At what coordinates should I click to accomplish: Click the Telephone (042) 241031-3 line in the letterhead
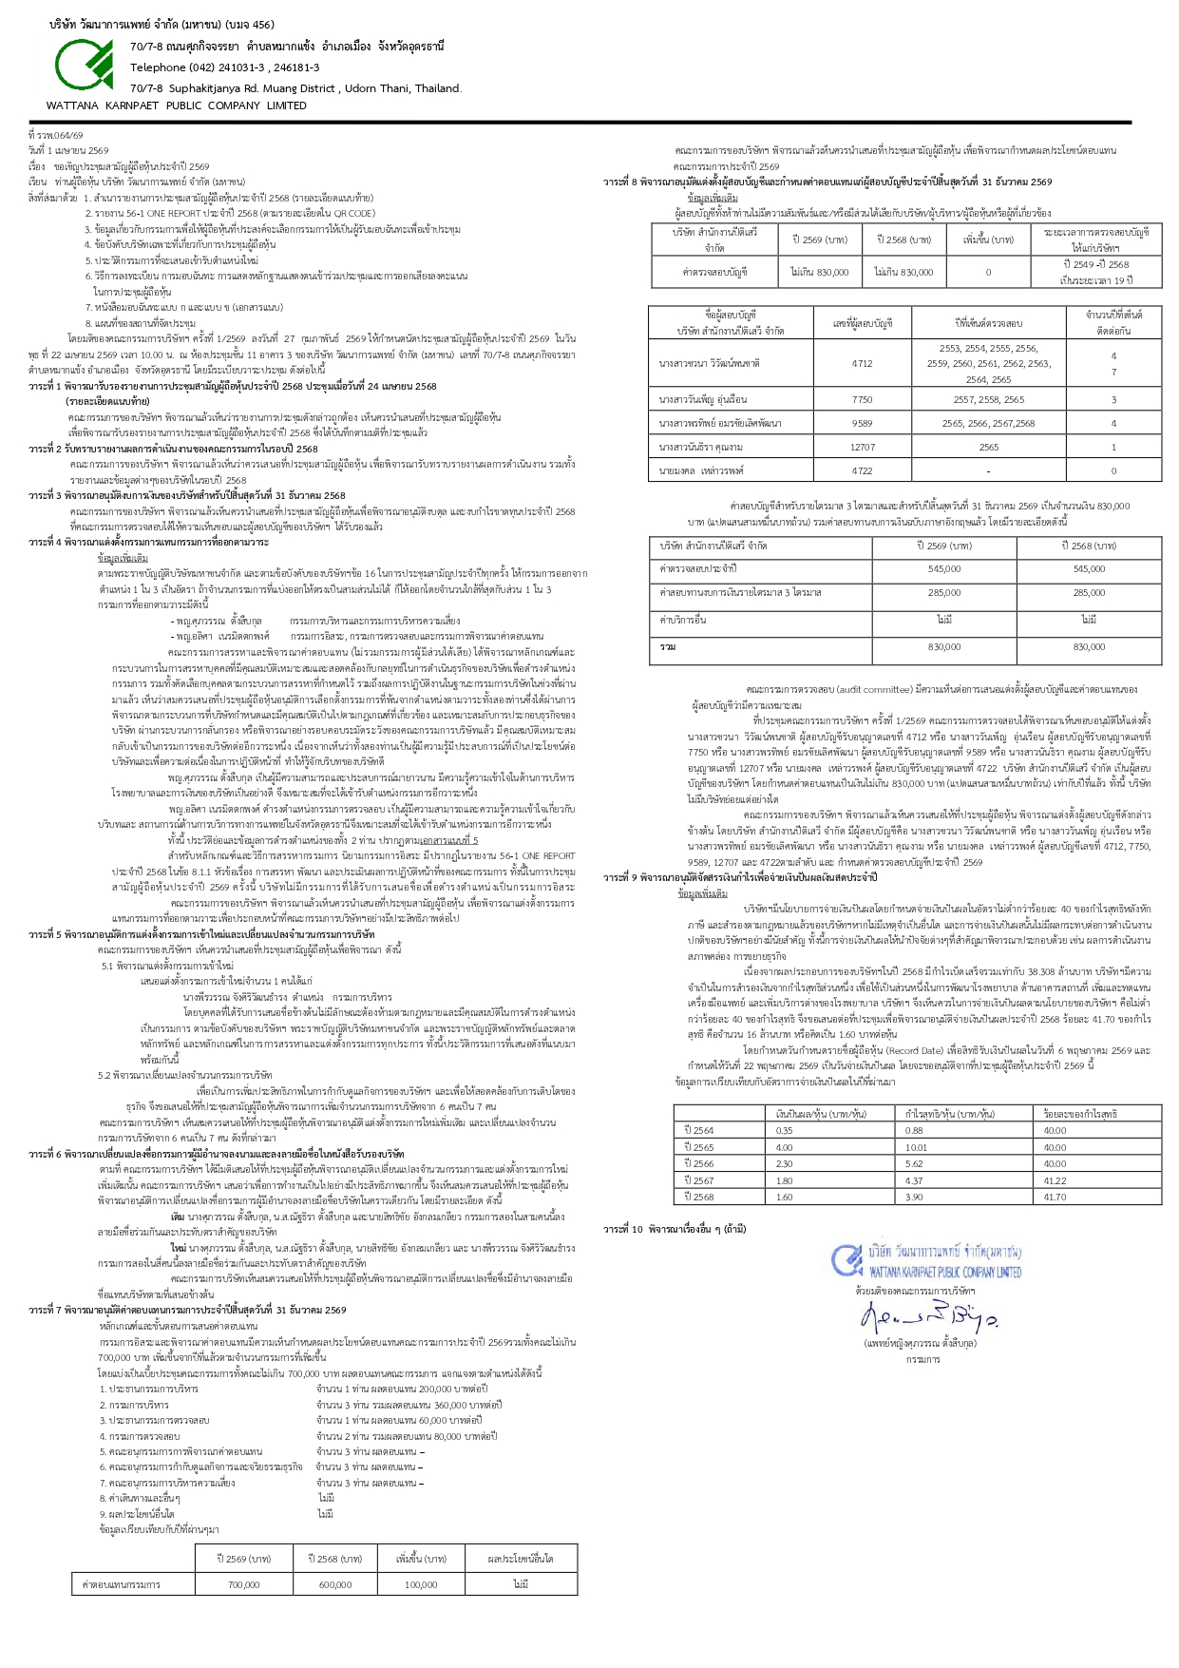click(224, 67)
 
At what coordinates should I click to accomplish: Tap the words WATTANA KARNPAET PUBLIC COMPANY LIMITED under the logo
click(177, 105)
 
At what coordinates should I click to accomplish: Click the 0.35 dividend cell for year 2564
click(784, 1130)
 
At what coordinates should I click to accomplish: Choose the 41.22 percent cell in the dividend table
click(1055, 1180)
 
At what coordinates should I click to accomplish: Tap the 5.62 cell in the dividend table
click(914, 1163)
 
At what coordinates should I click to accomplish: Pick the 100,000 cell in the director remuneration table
click(421, 1584)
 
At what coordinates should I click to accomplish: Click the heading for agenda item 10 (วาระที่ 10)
click(675, 1229)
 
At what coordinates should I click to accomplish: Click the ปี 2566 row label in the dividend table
click(699, 1163)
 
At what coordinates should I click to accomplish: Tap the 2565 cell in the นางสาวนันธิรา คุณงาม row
click(988, 447)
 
